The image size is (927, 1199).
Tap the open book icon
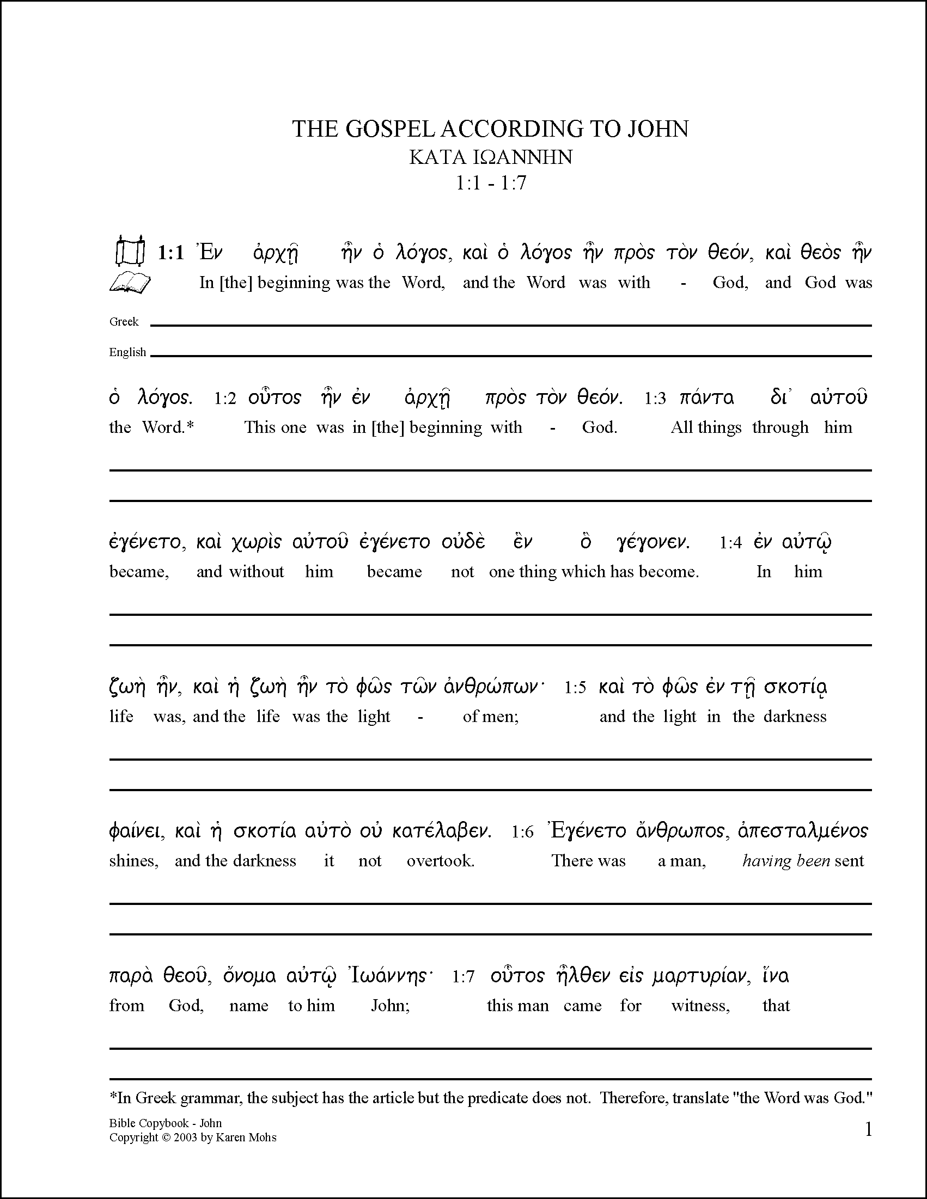[130, 283]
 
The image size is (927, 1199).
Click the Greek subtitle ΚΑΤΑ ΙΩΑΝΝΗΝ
[490, 157]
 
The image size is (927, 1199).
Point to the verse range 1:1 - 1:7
[490, 183]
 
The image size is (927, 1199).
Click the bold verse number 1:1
[171, 253]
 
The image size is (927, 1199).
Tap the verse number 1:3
[655, 399]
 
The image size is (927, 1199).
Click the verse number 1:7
[463, 977]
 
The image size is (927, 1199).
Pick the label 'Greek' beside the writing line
[124, 322]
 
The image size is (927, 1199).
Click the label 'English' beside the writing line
[127, 352]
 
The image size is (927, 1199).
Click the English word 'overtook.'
[441, 861]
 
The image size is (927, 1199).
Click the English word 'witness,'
[700, 1006]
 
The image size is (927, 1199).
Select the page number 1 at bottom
[868, 1129]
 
